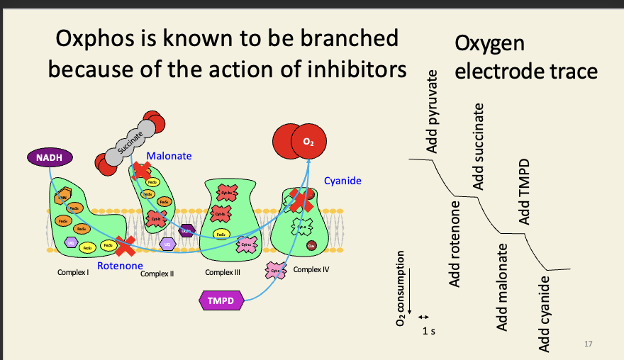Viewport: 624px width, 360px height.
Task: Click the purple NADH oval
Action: point(44,156)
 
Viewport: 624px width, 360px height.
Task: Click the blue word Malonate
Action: point(169,155)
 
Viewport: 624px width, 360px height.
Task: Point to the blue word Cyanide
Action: point(342,181)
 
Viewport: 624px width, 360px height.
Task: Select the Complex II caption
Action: point(157,274)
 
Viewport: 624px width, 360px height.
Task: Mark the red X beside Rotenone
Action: point(126,246)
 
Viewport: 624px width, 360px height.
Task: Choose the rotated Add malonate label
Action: point(502,286)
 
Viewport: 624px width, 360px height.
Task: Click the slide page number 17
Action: point(587,344)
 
